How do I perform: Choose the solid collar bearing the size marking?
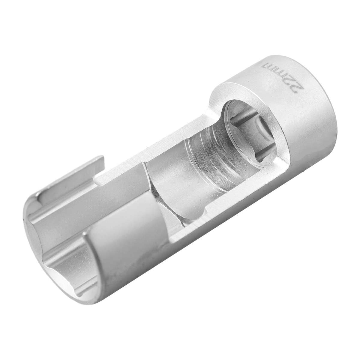click(285, 90)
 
